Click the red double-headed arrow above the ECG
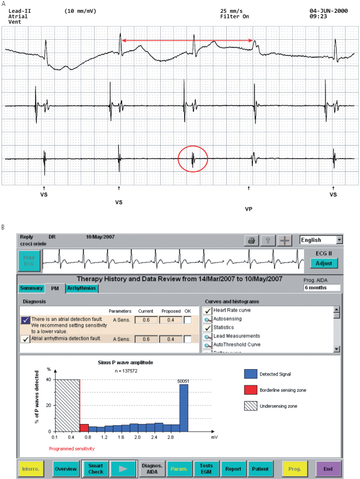click(x=187, y=40)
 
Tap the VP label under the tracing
click(x=248, y=208)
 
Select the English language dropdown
click(x=321, y=240)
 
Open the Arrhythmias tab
click(x=82, y=288)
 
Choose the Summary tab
click(x=31, y=288)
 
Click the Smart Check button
click(x=95, y=468)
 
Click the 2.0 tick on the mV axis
click(x=137, y=437)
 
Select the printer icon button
click(x=251, y=240)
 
